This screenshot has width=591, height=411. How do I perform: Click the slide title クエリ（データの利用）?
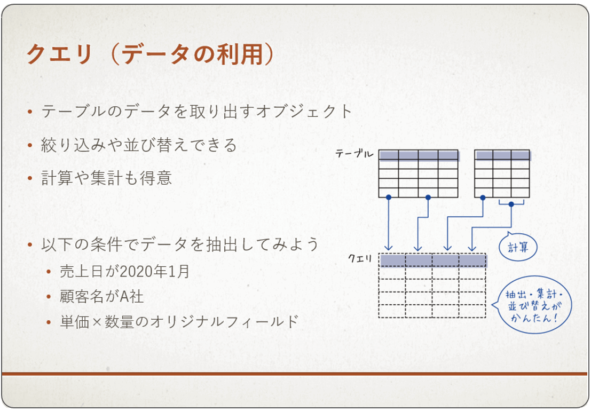pos(151,54)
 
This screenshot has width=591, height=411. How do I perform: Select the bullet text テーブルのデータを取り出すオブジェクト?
pos(196,111)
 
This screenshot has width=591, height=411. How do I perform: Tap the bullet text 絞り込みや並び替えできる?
pos(139,145)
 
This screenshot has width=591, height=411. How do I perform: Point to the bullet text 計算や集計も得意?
pos(106,178)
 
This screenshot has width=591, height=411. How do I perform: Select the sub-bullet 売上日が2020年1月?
pos(124,271)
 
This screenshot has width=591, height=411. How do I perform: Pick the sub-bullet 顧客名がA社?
pos(102,296)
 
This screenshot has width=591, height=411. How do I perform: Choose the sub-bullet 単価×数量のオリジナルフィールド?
pos(179,322)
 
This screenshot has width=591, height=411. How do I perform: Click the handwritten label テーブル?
pos(354,153)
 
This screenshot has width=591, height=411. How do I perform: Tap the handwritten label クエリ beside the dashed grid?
pos(360,258)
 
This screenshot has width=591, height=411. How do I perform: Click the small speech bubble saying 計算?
pos(518,247)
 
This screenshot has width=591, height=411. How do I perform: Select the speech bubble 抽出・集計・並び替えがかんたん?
pos(532,305)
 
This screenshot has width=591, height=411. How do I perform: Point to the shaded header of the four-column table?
pos(419,155)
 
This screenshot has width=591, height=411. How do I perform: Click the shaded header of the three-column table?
pos(502,155)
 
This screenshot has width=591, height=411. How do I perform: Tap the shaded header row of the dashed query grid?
pos(433,260)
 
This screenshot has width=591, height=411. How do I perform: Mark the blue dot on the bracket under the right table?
pos(511,204)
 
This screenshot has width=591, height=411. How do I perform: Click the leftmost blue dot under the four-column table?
pos(389,197)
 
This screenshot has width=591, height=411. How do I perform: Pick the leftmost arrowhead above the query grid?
pos(389,247)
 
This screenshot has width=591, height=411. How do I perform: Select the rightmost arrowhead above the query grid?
pos(471,248)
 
